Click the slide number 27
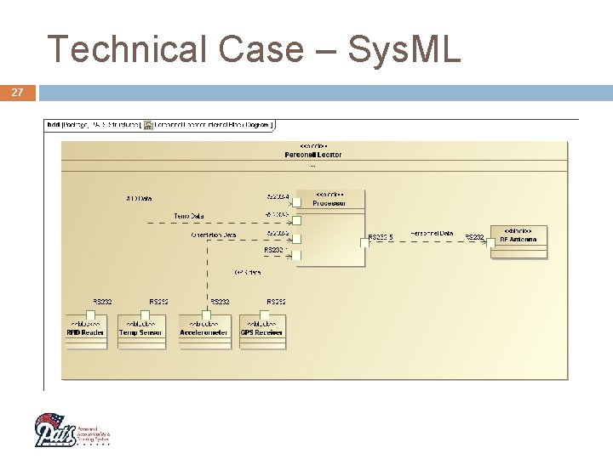click(18, 92)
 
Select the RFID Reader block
click(85, 330)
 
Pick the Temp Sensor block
click(141, 330)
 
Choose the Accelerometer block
click(203, 330)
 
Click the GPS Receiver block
click(262, 330)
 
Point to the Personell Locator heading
click(312, 155)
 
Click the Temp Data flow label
click(188, 216)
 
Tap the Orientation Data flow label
click(214, 235)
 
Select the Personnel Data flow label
click(432, 233)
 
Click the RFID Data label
click(139, 199)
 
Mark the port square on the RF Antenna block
click(491, 242)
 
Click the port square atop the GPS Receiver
click(263, 315)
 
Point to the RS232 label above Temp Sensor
click(158, 302)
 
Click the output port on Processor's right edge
click(364, 242)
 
